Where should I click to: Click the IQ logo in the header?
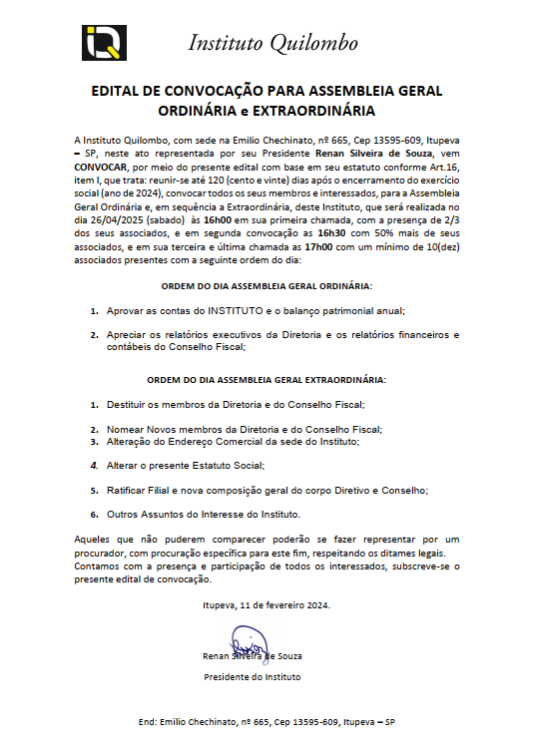pyautogui.click(x=100, y=43)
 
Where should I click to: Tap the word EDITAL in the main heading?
pyautogui.click(x=118, y=91)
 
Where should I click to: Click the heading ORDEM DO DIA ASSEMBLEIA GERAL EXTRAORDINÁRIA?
pyautogui.click(x=267, y=380)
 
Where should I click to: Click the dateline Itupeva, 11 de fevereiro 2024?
pyautogui.click(x=267, y=604)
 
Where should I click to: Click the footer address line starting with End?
pyautogui.click(x=267, y=721)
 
